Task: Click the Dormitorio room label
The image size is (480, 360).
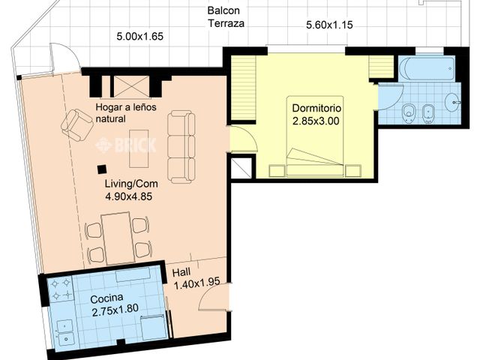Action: click(x=316, y=108)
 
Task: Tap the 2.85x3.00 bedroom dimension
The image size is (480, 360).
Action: click(x=316, y=121)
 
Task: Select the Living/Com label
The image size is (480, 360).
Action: click(x=131, y=184)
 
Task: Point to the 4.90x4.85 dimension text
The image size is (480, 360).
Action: click(x=128, y=196)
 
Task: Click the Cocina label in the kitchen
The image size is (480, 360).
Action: click(x=106, y=298)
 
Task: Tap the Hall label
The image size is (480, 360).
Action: click(x=181, y=272)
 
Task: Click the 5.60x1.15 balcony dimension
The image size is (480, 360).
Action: click(x=329, y=25)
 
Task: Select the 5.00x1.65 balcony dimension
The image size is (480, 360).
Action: click(x=140, y=37)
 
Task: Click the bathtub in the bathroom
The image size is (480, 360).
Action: click(x=427, y=68)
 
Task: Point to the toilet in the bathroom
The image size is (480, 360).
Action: click(x=409, y=113)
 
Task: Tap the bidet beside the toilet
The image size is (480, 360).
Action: click(x=427, y=114)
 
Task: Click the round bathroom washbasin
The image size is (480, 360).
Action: click(x=453, y=102)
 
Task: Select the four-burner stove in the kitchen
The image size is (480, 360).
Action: click(x=61, y=289)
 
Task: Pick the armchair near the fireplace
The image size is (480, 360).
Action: click(x=77, y=125)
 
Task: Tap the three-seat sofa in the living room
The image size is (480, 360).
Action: click(x=181, y=147)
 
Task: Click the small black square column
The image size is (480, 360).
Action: click(x=102, y=169)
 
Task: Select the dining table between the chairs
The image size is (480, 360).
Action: click(x=118, y=238)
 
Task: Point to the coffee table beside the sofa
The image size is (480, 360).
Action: click(x=139, y=148)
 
